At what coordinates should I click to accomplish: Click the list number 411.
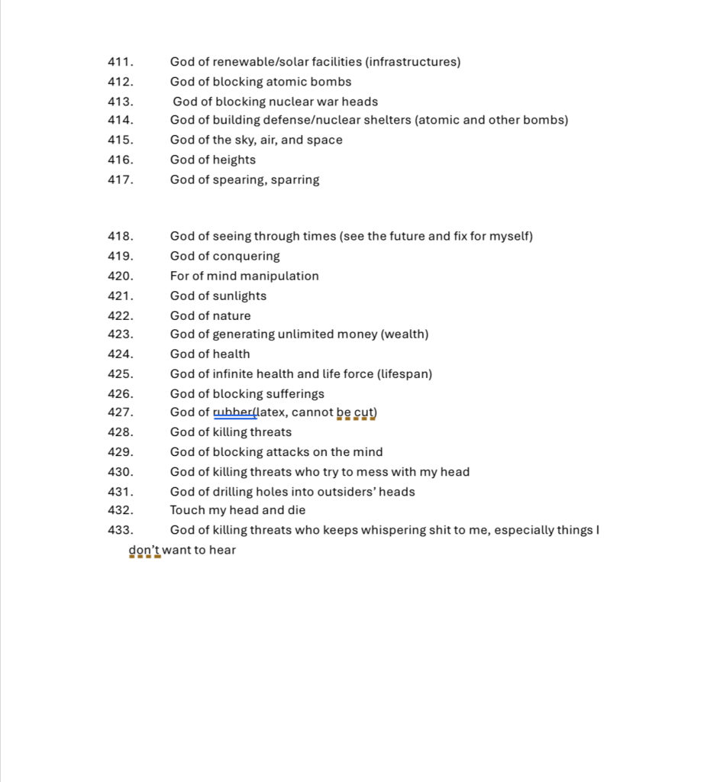point(121,62)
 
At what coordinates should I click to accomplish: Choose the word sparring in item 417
point(295,180)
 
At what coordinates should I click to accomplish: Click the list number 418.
point(121,237)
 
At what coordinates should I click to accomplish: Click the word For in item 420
point(180,276)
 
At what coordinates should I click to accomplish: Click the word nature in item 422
point(232,316)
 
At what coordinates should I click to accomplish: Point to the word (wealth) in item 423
point(405,334)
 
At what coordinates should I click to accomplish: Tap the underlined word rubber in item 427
point(234,413)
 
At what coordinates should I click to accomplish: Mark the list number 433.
point(121,530)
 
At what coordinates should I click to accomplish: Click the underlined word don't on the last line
point(144,550)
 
